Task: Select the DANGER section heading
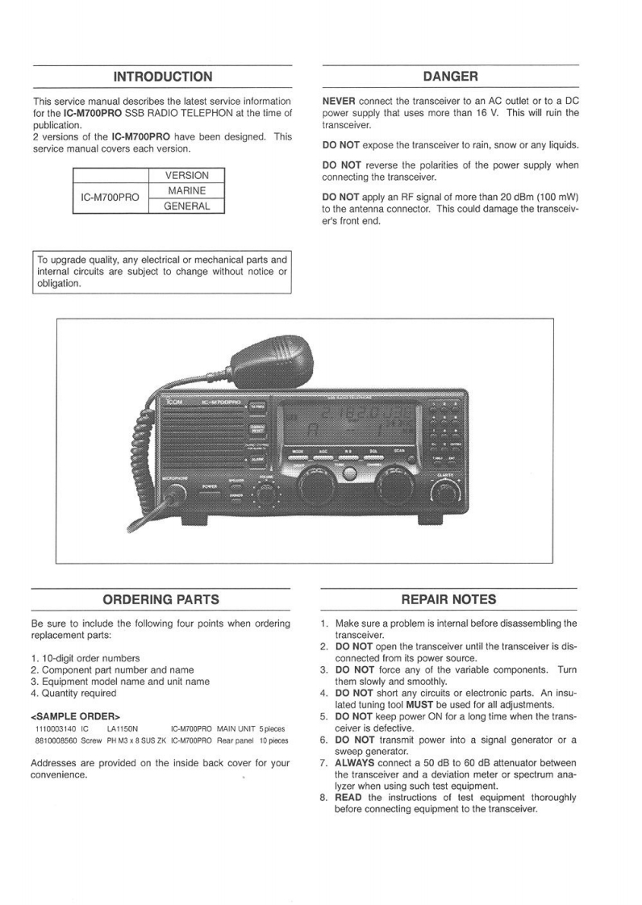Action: (450, 77)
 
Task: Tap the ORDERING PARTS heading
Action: (162, 599)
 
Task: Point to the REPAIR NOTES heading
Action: (449, 599)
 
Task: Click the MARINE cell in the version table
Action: (186, 190)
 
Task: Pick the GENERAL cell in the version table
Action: (186, 206)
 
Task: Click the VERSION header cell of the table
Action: (186, 175)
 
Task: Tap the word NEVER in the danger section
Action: (339, 101)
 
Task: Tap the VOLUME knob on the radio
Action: (264, 493)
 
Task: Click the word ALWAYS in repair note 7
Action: (354, 762)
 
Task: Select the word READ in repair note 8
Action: (348, 797)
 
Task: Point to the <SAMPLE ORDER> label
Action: (75, 715)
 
